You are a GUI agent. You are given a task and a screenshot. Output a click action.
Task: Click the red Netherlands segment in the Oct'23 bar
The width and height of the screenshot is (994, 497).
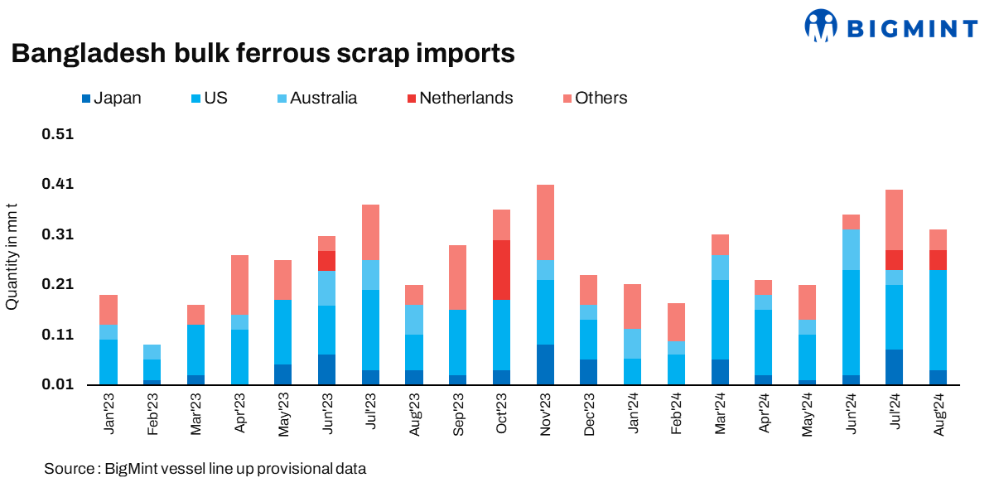pos(501,270)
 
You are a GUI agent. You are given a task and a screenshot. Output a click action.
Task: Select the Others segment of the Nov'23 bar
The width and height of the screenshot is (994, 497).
pos(545,222)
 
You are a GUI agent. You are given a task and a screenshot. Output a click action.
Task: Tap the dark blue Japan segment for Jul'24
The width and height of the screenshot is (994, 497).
pos(895,367)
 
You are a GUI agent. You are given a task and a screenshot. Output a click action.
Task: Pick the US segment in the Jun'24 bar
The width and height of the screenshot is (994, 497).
pos(852,322)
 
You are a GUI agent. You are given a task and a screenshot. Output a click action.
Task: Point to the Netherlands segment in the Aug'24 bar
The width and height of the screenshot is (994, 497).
pos(939,259)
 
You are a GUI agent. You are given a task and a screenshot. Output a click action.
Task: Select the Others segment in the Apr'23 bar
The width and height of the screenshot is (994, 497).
pos(239,284)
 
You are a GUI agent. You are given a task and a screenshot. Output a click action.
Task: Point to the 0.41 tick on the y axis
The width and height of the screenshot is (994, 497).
pos(59,184)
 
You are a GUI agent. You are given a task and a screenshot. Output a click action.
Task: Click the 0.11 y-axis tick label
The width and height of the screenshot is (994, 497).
pos(59,335)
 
